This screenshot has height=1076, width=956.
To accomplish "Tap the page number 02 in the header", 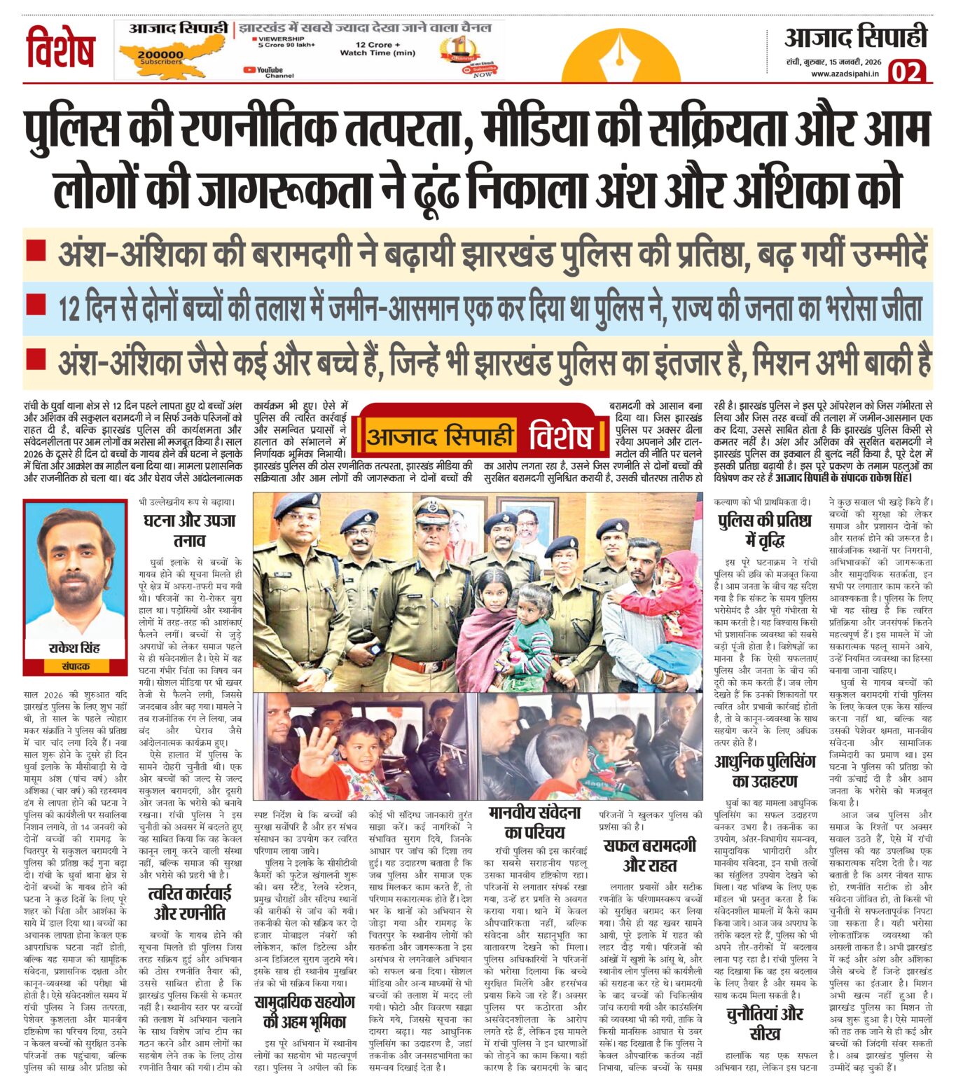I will [x=908, y=71].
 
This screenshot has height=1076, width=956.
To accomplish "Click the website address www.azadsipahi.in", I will [x=845, y=74].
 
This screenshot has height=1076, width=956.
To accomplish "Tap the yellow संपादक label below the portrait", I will [x=75, y=665].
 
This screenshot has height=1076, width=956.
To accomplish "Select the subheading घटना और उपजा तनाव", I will [x=190, y=530].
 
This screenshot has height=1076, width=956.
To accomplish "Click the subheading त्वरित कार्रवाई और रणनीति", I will [x=190, y=903].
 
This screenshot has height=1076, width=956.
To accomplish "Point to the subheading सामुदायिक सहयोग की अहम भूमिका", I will [x=305, y=1011].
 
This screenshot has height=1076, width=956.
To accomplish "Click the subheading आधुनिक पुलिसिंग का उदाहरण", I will [x=765, y=771].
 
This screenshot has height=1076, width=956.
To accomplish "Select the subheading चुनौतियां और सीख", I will [x=765, y=1023].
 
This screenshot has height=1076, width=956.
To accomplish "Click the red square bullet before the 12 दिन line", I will [x=36, y=304].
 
